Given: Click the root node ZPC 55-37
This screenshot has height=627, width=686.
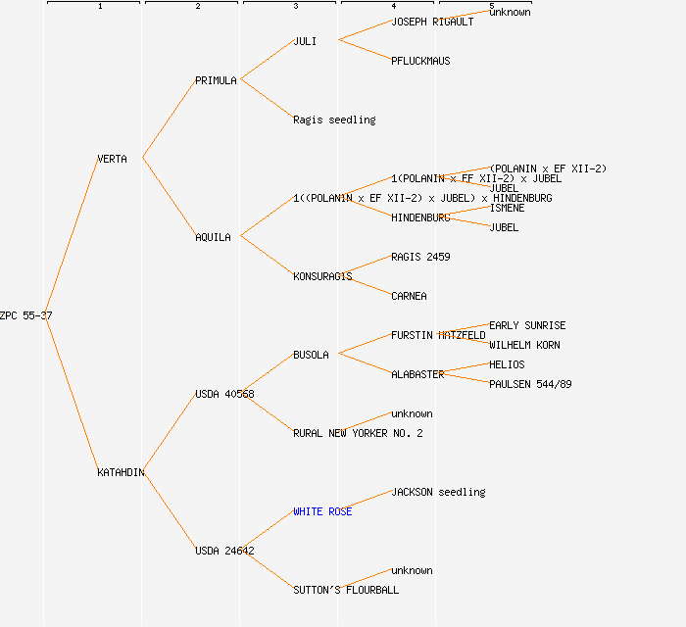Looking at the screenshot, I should click(x=26, y=315).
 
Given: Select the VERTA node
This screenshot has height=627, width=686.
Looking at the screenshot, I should click(x=112, y=159).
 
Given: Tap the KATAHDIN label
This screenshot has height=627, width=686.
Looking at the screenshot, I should click(x=121, y=472).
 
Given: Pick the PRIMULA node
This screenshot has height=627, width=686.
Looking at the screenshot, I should click(x=216, y=80).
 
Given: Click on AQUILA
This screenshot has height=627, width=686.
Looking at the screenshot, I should click(x=213, y=237).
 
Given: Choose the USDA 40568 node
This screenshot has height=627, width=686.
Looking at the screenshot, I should click(x=224, y=394).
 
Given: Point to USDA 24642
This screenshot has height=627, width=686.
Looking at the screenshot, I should click(x=224, y=551).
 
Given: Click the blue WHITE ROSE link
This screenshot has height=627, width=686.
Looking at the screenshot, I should click(x=322, y=511).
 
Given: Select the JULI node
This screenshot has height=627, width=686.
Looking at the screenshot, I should click(x=305, y=41).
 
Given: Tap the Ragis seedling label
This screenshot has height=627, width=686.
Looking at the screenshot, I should click(x=334, y=120).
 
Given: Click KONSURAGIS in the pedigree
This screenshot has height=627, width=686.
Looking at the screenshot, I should click(x=322, y=276).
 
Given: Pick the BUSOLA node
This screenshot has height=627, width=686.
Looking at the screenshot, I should click(x=311, y=355).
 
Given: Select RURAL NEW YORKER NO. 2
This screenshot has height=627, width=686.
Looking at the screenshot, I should click(x=358, y=433).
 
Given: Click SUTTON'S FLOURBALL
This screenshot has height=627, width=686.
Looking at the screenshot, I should click(x=346, y=590).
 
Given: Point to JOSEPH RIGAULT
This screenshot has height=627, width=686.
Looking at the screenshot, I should click(x=432, y=22).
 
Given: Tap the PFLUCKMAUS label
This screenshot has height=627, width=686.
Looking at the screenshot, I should click(x=420, y=61).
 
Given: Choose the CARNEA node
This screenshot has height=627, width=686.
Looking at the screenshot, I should click(x=409, y=296).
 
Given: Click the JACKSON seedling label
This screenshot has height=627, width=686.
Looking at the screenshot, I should click(x=438, y=492).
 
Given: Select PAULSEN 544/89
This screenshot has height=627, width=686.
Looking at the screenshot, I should click(x=530, y=384).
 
